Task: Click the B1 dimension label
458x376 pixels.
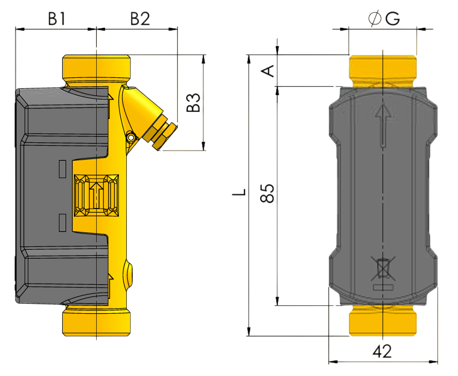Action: [57, 19]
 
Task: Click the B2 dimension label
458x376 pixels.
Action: [140, 19]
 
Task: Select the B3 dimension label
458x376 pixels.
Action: [193, 103]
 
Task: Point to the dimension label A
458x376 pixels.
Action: [268, 71]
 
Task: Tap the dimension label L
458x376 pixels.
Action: [239, 192]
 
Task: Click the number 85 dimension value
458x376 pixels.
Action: [267, 193]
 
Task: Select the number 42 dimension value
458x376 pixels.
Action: [382, 352]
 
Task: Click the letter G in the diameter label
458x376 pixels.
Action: [392, 19]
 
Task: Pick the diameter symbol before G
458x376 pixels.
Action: [375, 18]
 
